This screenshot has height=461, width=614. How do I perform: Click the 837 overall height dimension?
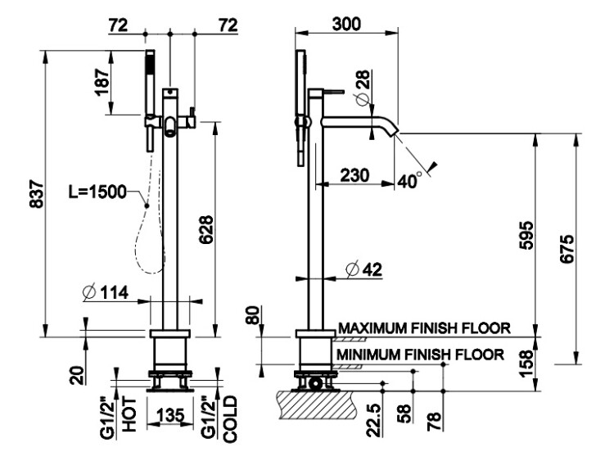(x=36, y=193)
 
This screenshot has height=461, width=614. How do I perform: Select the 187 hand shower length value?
(x=102, y=82)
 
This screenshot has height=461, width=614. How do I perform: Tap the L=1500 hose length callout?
(x=97, y=192)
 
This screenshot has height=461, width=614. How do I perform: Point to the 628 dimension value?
(x=206, y=229)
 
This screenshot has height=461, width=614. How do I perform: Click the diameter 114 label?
(x=106, y=292)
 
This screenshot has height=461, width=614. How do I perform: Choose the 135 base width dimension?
(x=170, y=415)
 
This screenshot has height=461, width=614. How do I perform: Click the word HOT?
(x=129, y=415)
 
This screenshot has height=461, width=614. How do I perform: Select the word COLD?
(x=230, y=419)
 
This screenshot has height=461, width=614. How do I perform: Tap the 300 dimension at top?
(x=346, y=25)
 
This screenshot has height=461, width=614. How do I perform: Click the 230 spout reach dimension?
(x=354, y=175)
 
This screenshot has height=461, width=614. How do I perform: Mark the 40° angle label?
(x=410, y=181)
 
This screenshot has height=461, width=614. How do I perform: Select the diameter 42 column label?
(x=363, y=269)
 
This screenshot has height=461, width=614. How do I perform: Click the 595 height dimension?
(x=526, y=235)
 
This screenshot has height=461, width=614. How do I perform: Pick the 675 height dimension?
(x=567, y=249)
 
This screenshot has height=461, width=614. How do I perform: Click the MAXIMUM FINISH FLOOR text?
(x=424, y=328)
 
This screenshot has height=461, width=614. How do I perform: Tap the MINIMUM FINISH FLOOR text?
(x=420, y=355)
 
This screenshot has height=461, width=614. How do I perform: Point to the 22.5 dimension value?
(x=374, y=419)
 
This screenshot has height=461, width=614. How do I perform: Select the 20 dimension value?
(x=77, y=375)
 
